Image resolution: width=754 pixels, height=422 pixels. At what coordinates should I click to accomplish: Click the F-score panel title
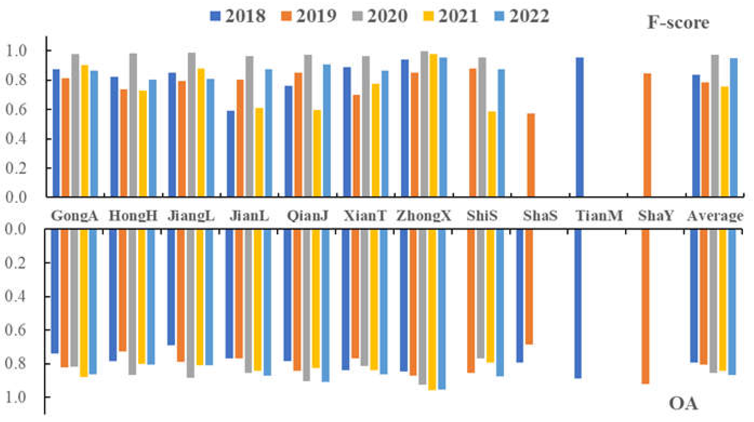[678, 22]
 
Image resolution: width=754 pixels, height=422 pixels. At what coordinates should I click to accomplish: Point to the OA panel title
[683, 404]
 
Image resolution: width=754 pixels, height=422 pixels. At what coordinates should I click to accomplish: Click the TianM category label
[599, 216]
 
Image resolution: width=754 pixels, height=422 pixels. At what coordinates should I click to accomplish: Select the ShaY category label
[656, 216]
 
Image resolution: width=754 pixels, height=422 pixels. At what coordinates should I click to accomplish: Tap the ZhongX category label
[424, 216]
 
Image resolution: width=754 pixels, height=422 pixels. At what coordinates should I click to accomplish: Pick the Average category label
[715, 216]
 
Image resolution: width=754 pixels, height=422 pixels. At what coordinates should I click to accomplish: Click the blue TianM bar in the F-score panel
[580, 127]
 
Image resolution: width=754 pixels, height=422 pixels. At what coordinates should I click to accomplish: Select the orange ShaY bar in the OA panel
[645, 306]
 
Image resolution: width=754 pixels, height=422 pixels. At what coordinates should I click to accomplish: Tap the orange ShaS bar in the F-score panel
[531, 155]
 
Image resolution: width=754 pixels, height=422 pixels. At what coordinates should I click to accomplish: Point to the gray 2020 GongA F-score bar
[75, 125]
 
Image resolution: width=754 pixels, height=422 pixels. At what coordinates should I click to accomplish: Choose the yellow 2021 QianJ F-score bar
[317, 153]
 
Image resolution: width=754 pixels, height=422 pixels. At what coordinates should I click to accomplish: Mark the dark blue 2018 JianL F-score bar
[231, 153]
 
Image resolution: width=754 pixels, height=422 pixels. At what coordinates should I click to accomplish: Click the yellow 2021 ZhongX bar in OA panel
[432, 310]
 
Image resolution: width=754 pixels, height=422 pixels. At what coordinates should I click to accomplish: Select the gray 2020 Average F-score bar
[715, 126]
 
